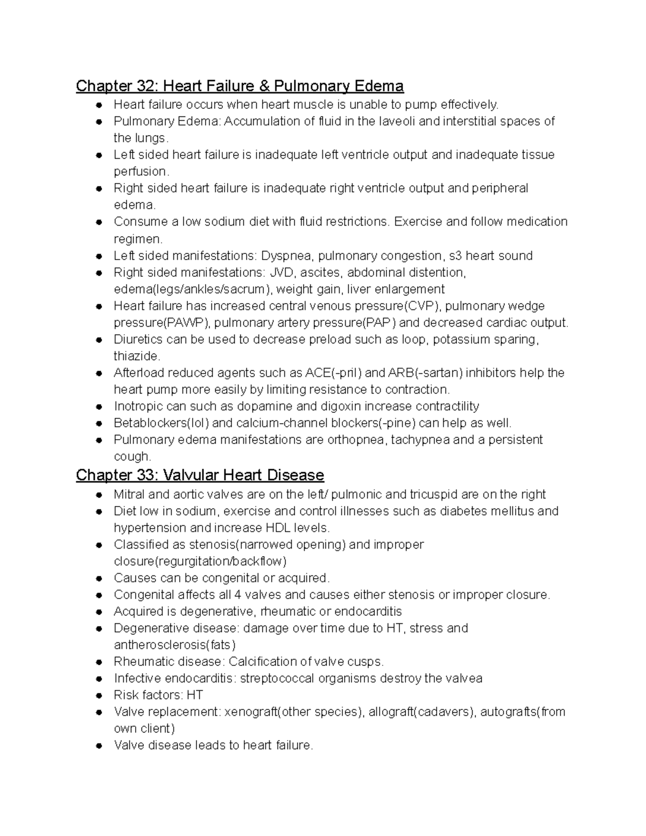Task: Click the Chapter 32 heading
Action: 240,86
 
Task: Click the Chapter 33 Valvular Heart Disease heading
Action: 200,475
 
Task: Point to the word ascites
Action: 321,272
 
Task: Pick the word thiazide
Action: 137,356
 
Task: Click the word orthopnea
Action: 356,440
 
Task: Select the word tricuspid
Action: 434,495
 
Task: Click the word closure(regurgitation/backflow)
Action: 200,561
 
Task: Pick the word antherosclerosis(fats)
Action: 175,645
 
